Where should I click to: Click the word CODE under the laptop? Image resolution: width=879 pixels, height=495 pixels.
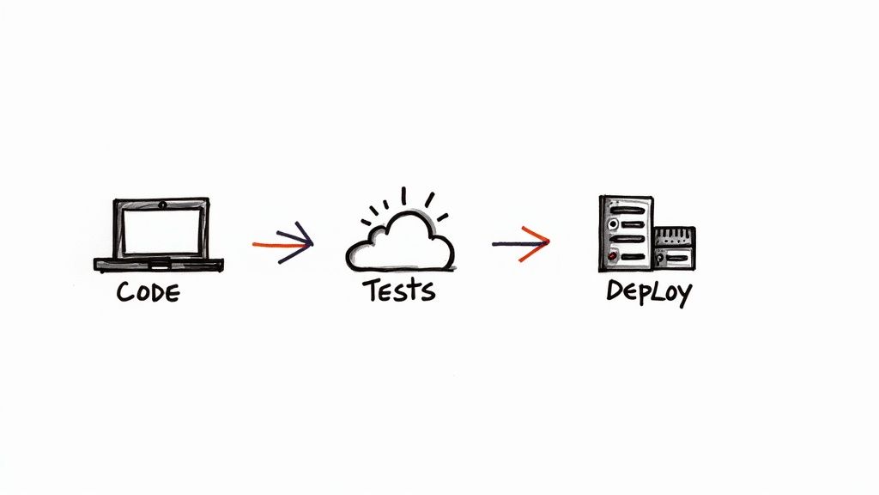pos(148,292)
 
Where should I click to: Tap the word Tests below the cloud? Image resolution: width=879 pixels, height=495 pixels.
pos(398,290)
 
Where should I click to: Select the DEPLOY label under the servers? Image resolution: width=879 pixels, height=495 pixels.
pos(649,292)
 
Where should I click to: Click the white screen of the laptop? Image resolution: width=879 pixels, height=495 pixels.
pos(162,231)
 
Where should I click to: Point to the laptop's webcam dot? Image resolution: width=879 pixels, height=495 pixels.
pos(162,205)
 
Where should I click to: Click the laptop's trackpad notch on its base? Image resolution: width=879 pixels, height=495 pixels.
pos(159,261)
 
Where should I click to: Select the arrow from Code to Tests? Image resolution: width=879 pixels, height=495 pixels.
pos(283,243)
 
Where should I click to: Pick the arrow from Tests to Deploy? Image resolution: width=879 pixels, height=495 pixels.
pos(521,243)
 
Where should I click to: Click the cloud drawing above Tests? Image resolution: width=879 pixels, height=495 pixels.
pos(400,241)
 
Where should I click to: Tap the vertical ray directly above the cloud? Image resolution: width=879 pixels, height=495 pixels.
pos(403,195)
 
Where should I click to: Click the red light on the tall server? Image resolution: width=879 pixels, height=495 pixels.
pos(613,256)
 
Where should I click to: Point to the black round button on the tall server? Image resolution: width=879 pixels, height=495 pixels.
pos(613,224)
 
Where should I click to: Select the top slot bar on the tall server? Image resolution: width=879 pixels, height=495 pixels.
pos(627,211)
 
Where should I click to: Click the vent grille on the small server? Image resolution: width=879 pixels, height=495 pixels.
pos(675,235)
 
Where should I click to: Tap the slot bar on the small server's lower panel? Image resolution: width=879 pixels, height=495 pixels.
pos(678,258)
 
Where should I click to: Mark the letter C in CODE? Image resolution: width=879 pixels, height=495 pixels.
pos(124,292)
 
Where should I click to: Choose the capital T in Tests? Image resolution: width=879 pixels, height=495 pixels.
pos(373,290)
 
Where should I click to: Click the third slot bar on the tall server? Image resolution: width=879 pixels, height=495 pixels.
pos(627,239)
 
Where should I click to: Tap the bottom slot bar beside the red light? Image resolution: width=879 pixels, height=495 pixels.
pos(633,257)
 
